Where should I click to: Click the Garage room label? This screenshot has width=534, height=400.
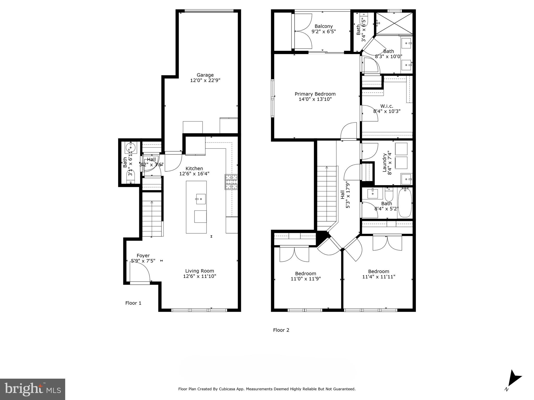[x=205, y=75]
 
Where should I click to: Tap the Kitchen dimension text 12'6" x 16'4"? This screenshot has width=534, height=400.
[x=194, y=174]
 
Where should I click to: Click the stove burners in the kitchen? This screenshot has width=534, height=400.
[x=231, y=182]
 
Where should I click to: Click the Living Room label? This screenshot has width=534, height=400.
[x=199, y=271]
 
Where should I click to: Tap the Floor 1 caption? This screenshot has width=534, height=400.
[x=133, y=303]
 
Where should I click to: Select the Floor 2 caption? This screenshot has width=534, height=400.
[x=281, y=330]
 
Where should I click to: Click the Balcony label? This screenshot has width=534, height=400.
[x=324, y=26]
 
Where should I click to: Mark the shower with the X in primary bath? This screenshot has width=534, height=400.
[x=394, y=23]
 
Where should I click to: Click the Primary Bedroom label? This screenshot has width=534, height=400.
[x=315, y=94]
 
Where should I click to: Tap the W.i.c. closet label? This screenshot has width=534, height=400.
[x=387, y=106]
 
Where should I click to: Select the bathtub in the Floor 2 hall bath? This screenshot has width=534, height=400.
[x=405, y=203]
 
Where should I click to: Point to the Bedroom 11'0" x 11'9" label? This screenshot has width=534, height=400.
[x=306, y=273]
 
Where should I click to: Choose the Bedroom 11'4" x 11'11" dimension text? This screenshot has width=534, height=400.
[x=379, y=277]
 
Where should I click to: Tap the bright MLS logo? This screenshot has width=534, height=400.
[x=33, y=389]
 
